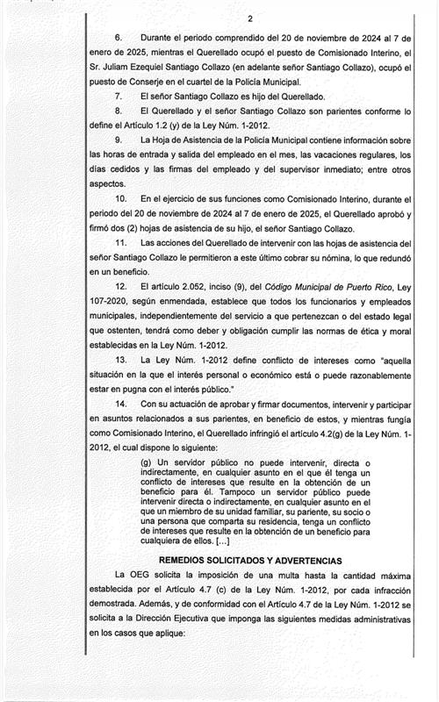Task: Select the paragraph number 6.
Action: (119, 39)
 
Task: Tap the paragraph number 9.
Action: (119, 139)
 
